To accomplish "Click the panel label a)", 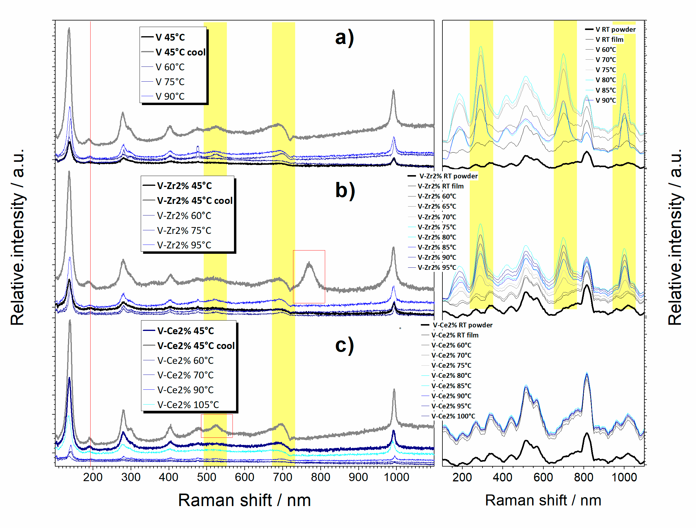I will point(344,38).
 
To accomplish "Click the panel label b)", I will point(345,191).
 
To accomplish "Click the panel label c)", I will point(344,345).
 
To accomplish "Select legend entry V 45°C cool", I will point(180,52).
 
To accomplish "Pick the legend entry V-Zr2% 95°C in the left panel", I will point(184,245).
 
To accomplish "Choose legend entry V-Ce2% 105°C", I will point(188,405).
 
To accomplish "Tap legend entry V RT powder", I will point(615,30).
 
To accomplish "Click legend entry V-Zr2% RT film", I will point(440,186).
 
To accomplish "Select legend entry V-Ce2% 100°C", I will point(453,416).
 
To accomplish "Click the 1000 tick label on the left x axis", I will point(396,477).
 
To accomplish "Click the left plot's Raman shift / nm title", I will point(244,500).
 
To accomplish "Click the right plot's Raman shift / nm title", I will point(543,500).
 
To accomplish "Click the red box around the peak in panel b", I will point(309,277).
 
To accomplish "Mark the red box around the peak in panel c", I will point(216,426).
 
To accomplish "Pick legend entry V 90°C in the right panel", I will point(605,100).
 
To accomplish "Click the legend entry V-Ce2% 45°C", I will point(185,331).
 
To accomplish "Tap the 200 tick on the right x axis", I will point(462,477).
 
